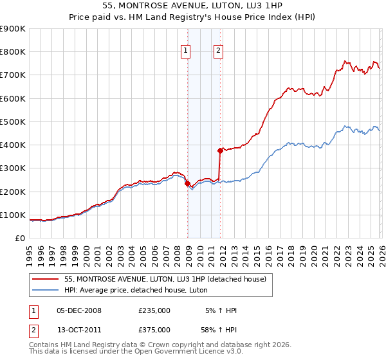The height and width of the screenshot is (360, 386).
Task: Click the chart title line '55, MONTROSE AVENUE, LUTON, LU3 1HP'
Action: (x=192, y=4)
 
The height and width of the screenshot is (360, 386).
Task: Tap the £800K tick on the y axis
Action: (x=13, y=52)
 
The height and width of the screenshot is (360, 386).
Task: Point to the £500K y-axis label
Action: (x=13, y=122)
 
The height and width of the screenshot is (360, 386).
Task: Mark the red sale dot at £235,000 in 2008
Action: (x=187, y=183)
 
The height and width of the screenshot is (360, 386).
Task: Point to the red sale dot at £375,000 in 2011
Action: (x=220, y=150)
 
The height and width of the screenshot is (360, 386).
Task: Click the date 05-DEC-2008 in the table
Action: (x=78, y=310)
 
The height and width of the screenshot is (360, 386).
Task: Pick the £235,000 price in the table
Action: (x=154, y=310)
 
